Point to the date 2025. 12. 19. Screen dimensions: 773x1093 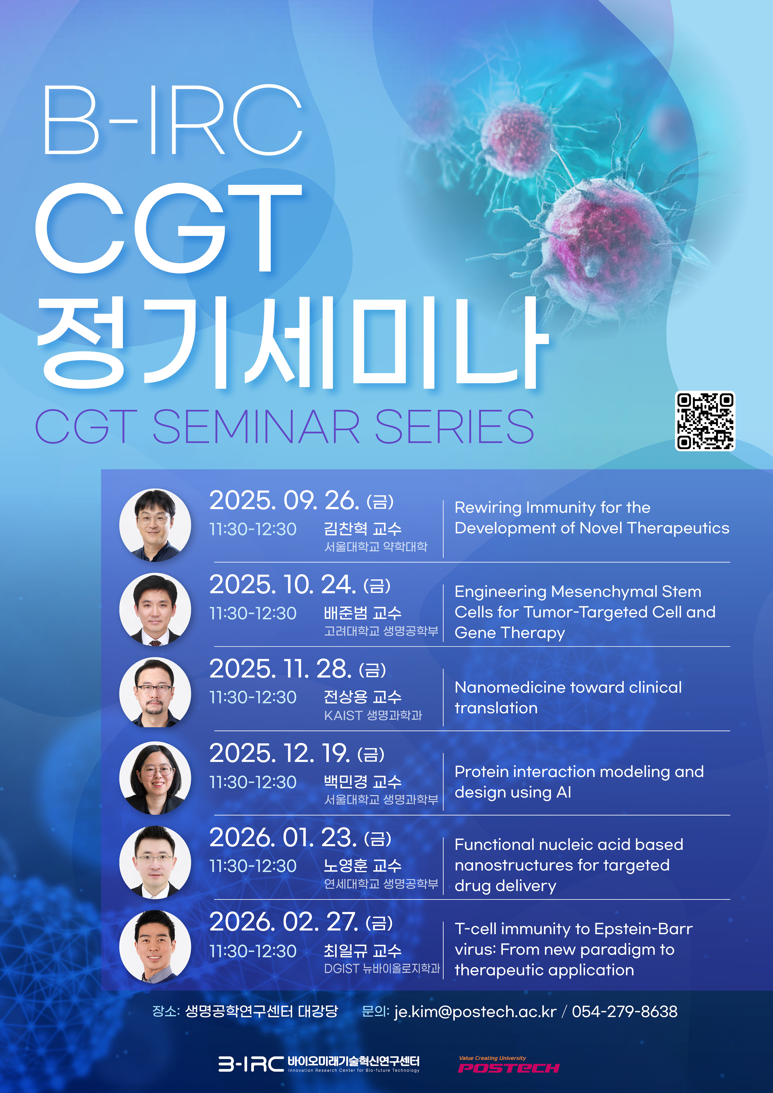pyautogui.click(x=280, y=753)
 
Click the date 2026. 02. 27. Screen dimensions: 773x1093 pyautogui.click(x=284, y=922)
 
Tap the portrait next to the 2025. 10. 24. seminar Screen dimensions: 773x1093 pyautogui.click(x=155, y=609)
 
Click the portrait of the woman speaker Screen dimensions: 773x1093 pyautogui.click(x=155, y=778)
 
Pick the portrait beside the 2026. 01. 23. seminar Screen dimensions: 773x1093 pyautogui.click(x=155, y=862)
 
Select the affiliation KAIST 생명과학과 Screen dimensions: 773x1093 pyautogui.click(x=373, y=715)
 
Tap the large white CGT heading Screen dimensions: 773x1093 pyautogui.click(x=169, y=229)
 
